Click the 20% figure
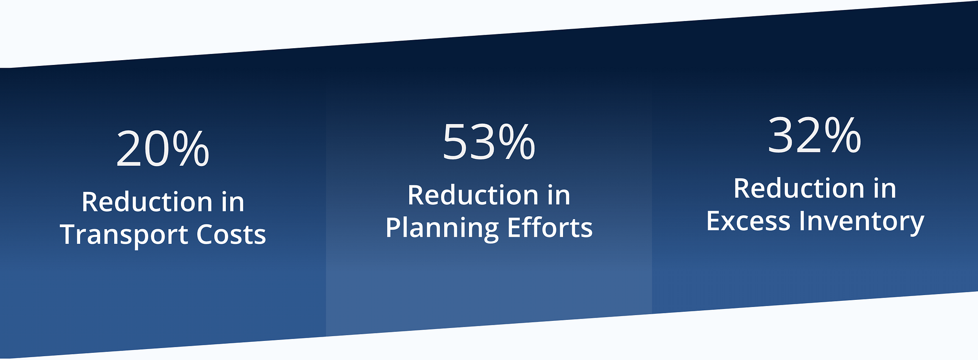click(x=163, y=148)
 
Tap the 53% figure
click(x=489, y=141)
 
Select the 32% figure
click(x=815, y=136)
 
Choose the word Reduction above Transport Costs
click(x=147, y=201)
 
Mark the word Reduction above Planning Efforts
click(x=473, y=195)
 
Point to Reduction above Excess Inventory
click(x=799, y=188)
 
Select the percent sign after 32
click(x=843, y=136)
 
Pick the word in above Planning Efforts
click(x=559, y=195)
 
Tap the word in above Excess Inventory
click(x=885, y=188)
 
